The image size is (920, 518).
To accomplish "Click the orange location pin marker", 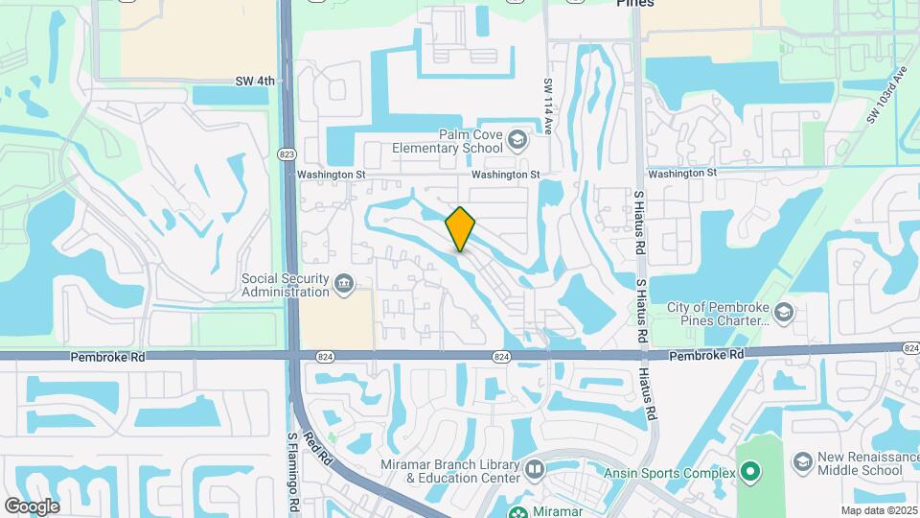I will pos(461,228).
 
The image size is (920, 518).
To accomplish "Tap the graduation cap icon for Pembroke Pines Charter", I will pos(784,313).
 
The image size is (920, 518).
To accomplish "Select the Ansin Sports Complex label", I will pos(669,472).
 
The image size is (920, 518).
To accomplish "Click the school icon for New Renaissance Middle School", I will pos(800,463).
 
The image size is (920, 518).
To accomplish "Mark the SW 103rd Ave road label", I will pos(885,95).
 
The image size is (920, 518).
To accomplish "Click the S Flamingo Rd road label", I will pos(293,470).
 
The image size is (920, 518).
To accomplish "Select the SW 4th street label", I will pos(254,82).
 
